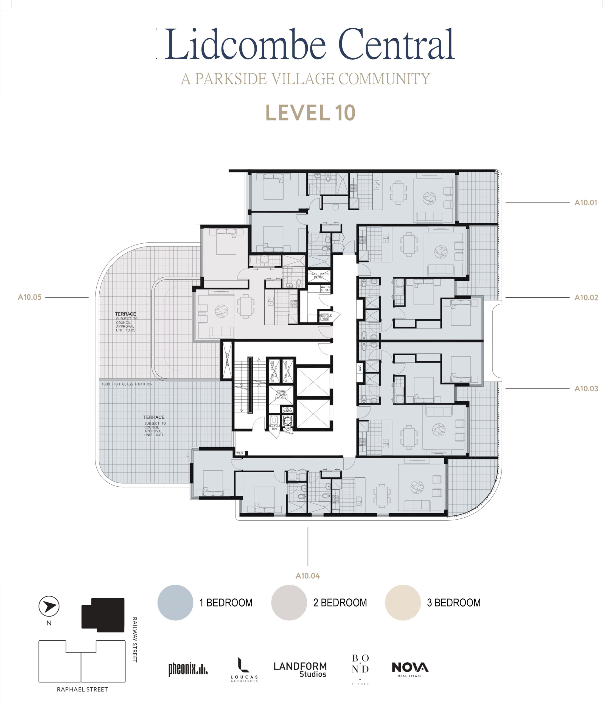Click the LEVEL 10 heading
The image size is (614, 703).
click(x=310, y=113)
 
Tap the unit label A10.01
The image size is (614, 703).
click(x=585, y=203)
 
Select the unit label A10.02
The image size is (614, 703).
click(x=586, y=297)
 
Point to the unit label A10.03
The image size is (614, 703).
click(x=586, y=389)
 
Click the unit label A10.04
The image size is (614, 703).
click(x=308, y=576)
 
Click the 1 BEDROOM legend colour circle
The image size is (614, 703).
click(x=175, y=602)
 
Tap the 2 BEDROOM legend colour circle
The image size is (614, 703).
click(x=289, y=602)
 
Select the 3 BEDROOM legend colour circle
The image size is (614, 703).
click(x=403, y=602)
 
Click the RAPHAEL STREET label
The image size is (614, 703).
click(x=82, y=689)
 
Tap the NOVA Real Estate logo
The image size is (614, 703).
click(x=410, y=669)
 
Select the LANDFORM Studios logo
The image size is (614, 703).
click(x=300, y=669)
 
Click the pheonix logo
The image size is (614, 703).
click(x=188, y=669)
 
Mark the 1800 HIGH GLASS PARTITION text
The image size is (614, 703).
click(x=127, y=384)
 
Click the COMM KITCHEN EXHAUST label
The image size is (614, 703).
click(x=281, y=395)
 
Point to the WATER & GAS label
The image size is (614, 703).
click(x=325, y=289)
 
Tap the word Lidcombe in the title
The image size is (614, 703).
click(x=245, y=44)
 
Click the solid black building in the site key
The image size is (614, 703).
click(x=103, y=615)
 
